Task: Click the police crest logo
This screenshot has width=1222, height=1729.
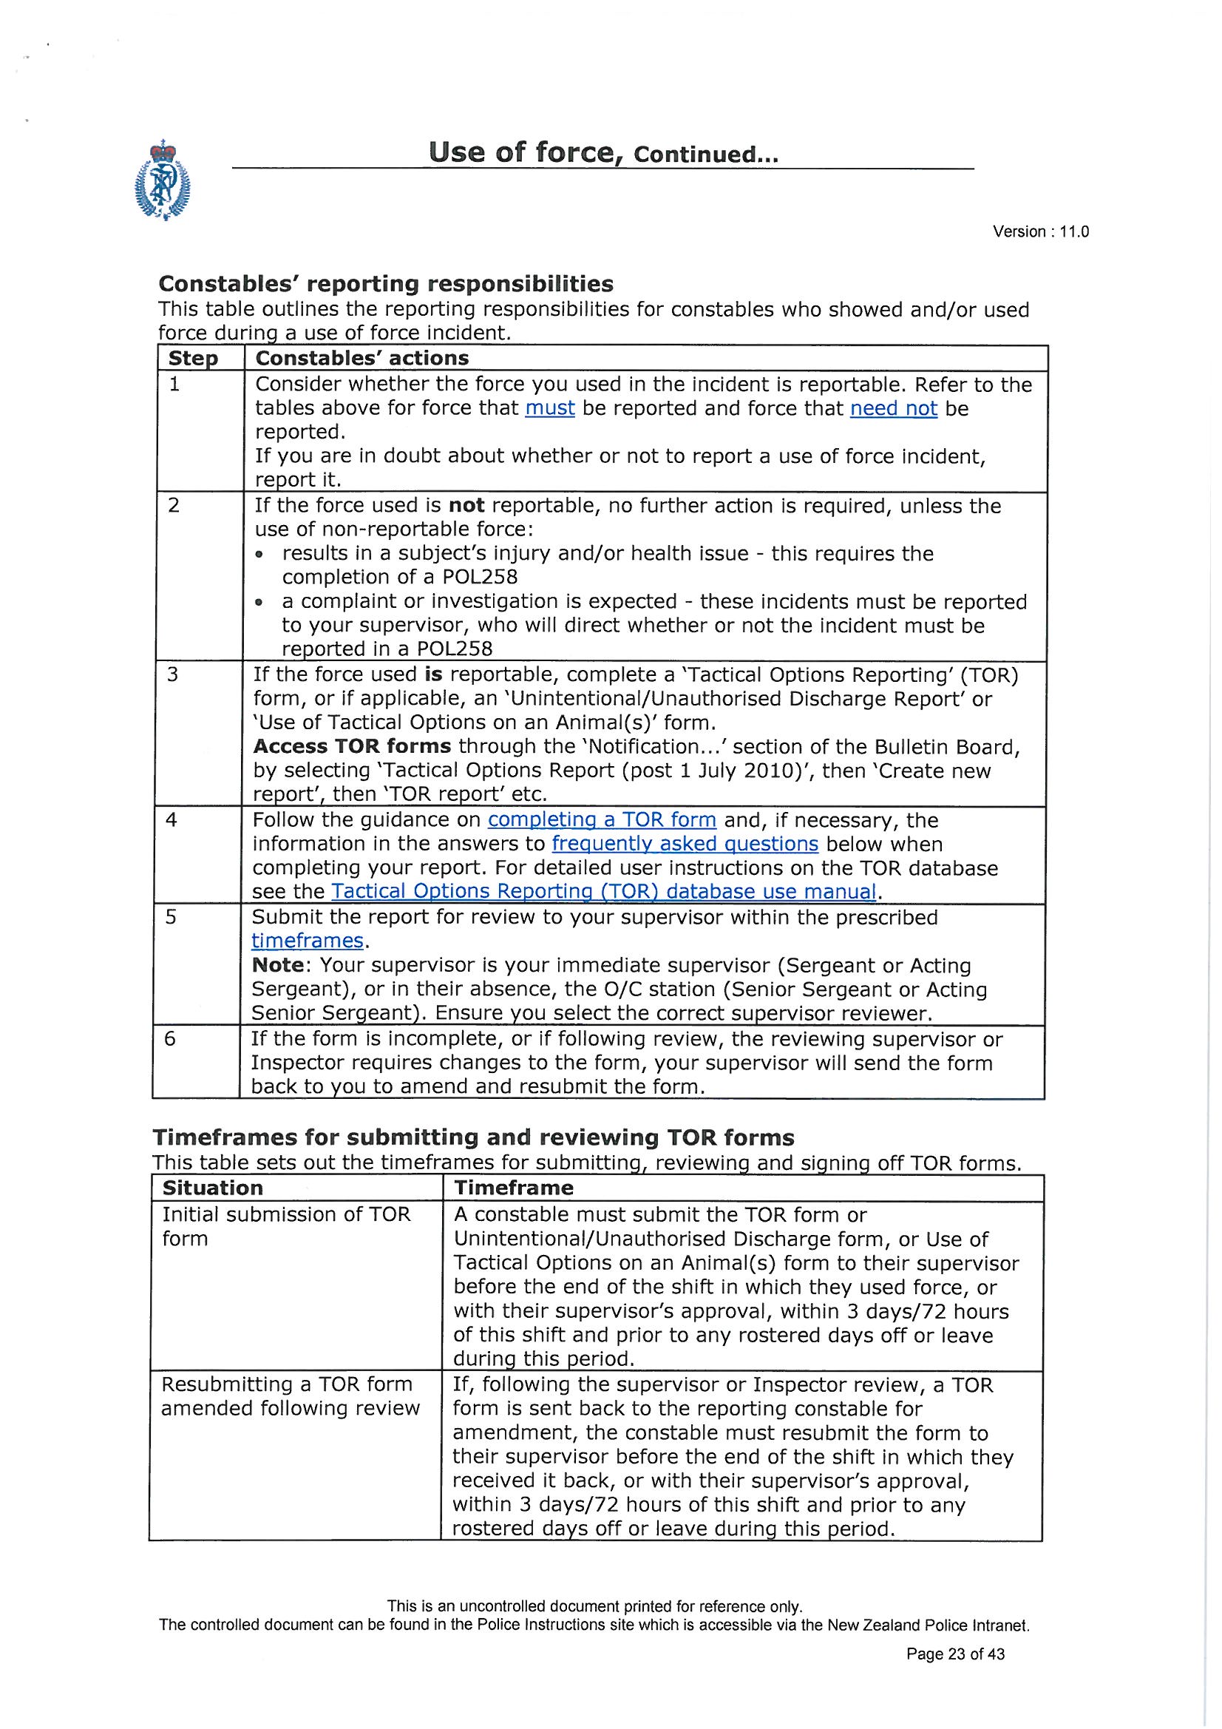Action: tap(162, 180)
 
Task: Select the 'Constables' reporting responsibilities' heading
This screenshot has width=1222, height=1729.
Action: tap(385, 284)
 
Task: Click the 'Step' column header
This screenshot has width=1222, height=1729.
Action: tap(193, 359)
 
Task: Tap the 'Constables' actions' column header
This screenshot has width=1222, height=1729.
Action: tap(361, 358)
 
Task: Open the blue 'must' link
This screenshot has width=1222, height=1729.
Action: tap(549, 408)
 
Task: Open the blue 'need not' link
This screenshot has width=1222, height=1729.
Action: tap(893, 408)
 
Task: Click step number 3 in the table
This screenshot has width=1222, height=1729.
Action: tap(172, 674)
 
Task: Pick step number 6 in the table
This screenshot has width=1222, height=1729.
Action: tap(170, 1039)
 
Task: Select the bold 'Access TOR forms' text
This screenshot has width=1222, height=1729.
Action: tap(352, 746)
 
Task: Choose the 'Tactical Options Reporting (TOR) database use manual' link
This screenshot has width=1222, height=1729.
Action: tap(603, 892)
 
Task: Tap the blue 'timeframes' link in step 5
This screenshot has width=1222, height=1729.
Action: tap(307, 941)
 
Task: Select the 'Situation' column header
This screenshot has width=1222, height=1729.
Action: tap(212, 1188)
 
